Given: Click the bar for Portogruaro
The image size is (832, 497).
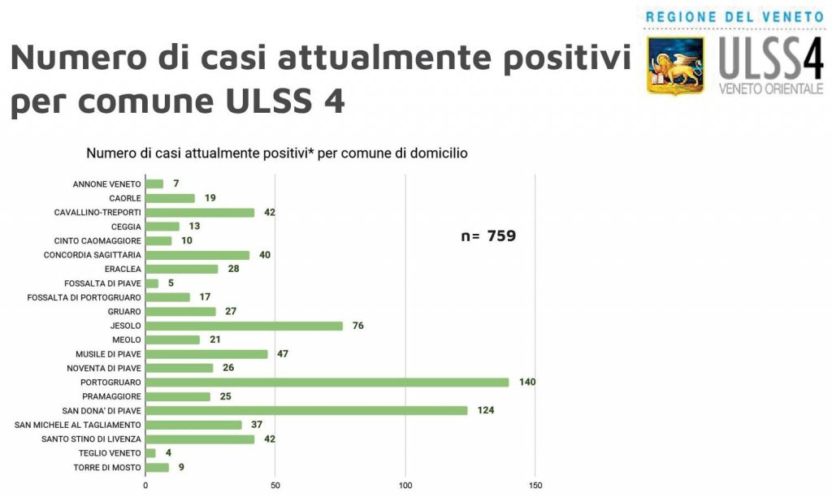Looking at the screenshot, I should click(x=327, y=382).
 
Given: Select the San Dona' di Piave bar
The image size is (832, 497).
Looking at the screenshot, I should click(x=306, y=410).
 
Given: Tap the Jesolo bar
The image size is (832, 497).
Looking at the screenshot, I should click(x=244, y=326).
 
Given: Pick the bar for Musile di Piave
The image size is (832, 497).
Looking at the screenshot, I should click(x=206, y=354).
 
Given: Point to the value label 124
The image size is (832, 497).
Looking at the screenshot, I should click(x=486, y=410).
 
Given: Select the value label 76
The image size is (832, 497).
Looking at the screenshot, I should click(x=357, y=326).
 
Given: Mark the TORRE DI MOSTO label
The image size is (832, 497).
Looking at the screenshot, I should click(x=107, y=467).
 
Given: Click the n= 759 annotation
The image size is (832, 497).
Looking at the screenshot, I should click(x=488, y=237).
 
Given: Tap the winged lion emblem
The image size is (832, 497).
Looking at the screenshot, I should click(x=676, y=65).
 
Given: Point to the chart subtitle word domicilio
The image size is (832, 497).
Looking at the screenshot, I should click(x=438, y=152).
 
